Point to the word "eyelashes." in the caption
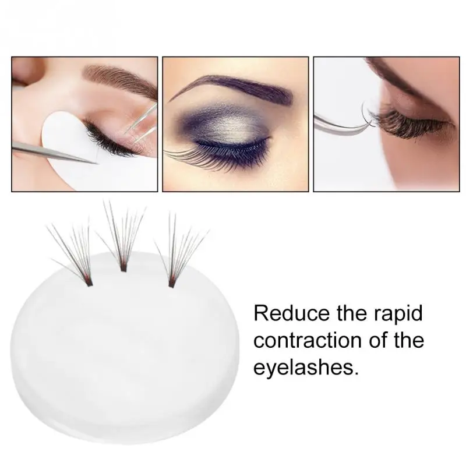tap(304, 368)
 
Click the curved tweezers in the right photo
tap(341, 119)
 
